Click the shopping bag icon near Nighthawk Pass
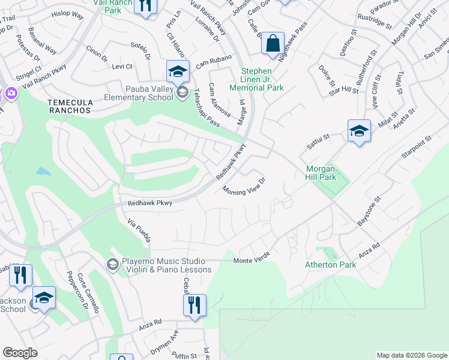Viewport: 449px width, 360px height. pos(273,44)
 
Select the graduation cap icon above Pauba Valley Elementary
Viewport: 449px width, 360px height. pos(178,73)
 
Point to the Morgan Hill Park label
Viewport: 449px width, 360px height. pos(321,173)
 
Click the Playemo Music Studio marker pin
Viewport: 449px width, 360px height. pos(112,264)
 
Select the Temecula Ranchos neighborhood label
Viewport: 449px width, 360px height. pos(70,106)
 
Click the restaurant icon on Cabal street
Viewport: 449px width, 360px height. pos(194,304)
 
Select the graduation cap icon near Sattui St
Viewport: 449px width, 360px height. pos(358,131)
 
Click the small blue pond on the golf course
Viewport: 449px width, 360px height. pos(43,172)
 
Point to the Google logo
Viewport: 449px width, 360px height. pos(20,353)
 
